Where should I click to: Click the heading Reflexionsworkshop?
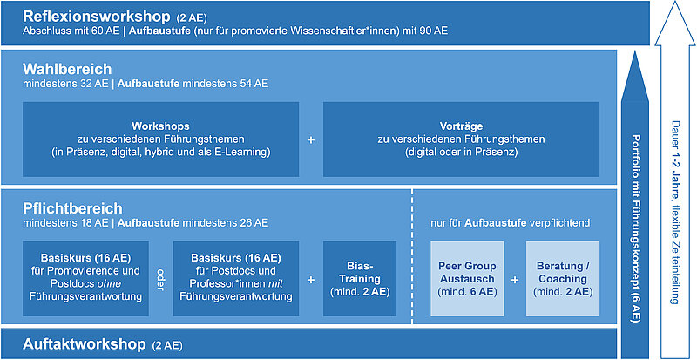[97, 17]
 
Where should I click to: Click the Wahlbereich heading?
[67, 70]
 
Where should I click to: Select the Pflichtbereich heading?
[72, 208]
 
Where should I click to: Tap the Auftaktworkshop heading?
[84, 344]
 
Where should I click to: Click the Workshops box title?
[160, 126]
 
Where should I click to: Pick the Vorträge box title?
[461, 126]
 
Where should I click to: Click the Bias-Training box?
[360, 279]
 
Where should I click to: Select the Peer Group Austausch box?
[467, 279]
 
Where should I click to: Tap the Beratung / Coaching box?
[562, 279]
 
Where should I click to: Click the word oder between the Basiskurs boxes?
[160, 280]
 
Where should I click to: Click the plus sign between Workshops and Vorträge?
[311, 139]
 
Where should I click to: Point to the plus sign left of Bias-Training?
[311, 280]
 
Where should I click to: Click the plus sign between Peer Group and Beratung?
[515, 280]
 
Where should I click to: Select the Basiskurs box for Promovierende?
[85, 279]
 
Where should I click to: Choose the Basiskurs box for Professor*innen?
[236, 279]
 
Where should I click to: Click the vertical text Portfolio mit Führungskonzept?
[635, 228]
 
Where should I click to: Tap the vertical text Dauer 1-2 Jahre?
[675, 213]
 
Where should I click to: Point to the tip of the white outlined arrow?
[675, 2]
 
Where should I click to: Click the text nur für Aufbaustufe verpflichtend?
[511, 222]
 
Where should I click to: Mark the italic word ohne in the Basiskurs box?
[111, 283]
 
